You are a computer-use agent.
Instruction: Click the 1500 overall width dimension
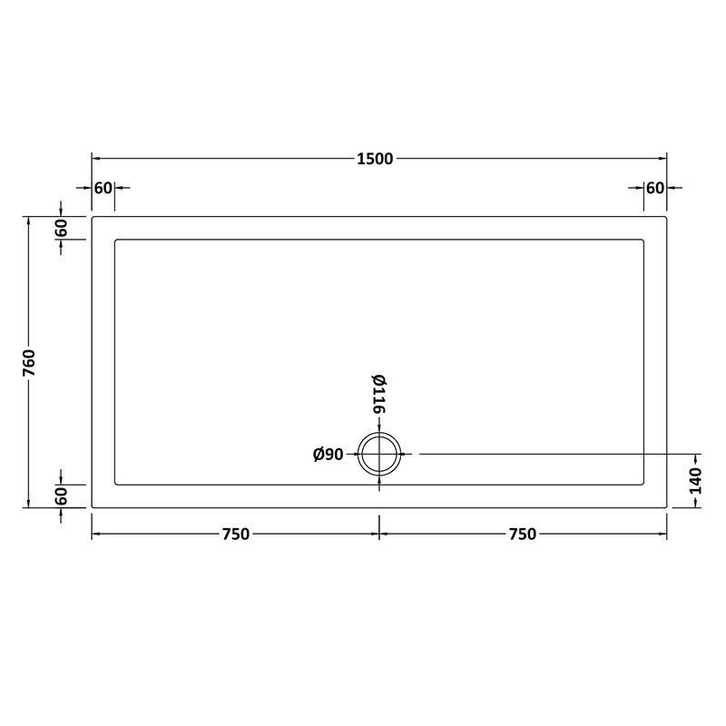tap(375, 159)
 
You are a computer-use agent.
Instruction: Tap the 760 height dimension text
tap(29, 362)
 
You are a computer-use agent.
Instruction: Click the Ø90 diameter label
tap(328, 455)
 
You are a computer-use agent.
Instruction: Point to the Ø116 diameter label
tap(378, 395)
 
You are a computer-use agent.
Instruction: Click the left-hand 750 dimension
tap(234, 535)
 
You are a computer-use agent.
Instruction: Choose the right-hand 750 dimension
tap(523, 535)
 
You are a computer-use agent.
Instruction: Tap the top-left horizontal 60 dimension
tap(103, 188)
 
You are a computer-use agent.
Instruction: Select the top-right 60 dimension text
tap(654, 188)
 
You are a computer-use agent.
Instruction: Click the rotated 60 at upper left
tap(61, 228)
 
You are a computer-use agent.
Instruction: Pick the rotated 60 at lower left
tap(61, 496)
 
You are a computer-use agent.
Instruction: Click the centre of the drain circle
tap(379, 454)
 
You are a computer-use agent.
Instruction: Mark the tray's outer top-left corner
tap(92, 217)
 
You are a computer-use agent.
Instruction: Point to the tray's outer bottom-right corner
tap(667, 507)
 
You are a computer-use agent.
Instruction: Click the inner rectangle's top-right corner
tap(643, 240)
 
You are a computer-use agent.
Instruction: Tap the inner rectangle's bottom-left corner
tap(114, 485)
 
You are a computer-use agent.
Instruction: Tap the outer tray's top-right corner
tap(667, 217)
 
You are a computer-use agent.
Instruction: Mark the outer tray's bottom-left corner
tap(92, 507)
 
